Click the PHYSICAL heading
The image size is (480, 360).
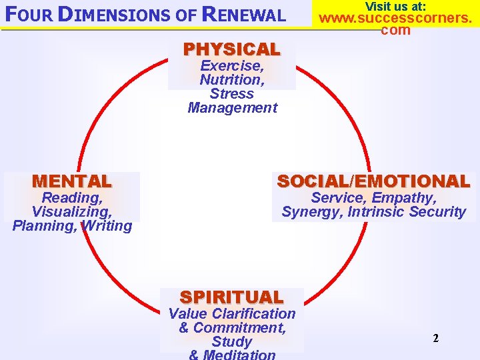click(x=231, y=49)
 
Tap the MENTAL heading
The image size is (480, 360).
click(x=71, y=181)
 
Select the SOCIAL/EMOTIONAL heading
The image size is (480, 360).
click(x=373, y=181)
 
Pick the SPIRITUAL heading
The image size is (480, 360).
click(x=231, y=297)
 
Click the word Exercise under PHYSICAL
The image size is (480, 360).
click(x=231, y=65)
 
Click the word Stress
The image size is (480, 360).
click(x=231, y=93)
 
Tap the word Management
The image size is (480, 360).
click(x=232, y=107)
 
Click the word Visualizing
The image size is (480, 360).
click(x=71, y=211)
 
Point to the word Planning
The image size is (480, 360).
click(x=43, y=225)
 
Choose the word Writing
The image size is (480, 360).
click(x=106, y=225)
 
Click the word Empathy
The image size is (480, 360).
click(x=403, y=197)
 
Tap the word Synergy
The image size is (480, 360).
click(x=310, y=212)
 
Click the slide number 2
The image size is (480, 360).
click(x=435, y=338)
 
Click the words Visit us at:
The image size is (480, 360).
click(x=395, y=6)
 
